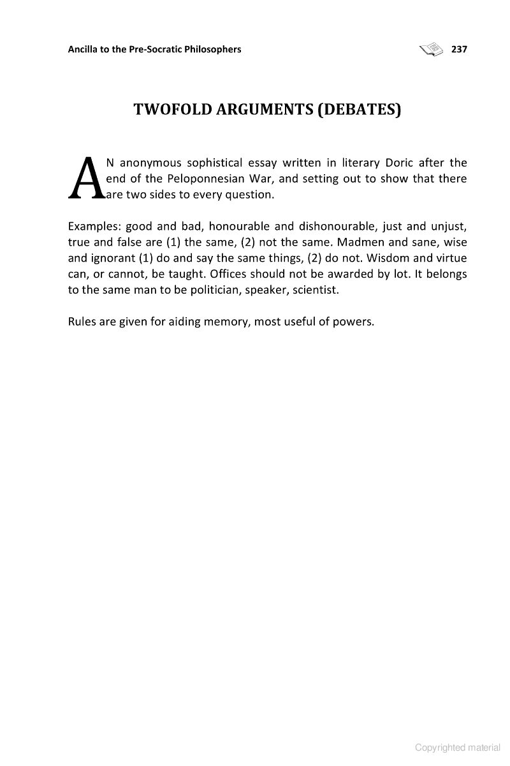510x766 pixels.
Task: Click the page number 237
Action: [459, 49]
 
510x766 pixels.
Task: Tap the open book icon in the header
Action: [431, 49]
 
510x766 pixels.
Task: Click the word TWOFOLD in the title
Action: [172, 110]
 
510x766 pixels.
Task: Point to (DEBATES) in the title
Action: [359, 110]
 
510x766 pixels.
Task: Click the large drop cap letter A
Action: [85, 177]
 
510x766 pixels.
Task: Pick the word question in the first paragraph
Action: [250, 194]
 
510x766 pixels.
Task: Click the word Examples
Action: [93, 227]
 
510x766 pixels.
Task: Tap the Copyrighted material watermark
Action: [457, 747]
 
